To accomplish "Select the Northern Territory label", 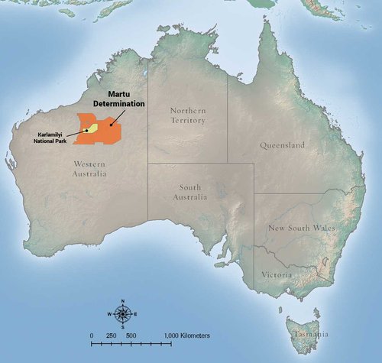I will [x=188, y=115].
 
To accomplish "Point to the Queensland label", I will [x=283, y=145].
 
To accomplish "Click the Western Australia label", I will [x=90, y=169].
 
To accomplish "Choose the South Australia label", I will [x=192, y=192].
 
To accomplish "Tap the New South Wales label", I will [x=303, y=228].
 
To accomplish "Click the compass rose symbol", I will [x=123, y=314].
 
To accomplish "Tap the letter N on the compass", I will [x=123, y=304].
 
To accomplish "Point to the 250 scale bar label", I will [x=112, y=335].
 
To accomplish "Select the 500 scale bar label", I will [x=131, y=335].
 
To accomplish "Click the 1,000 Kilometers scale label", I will [x=187, y=335].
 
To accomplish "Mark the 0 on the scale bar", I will [x=92, y=335].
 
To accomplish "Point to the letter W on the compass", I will [x=112, y=314].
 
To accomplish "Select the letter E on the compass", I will [x=135, y=314].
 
